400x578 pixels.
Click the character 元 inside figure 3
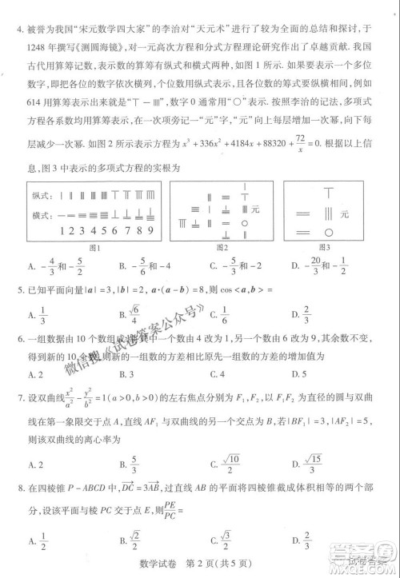pos(345,214)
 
